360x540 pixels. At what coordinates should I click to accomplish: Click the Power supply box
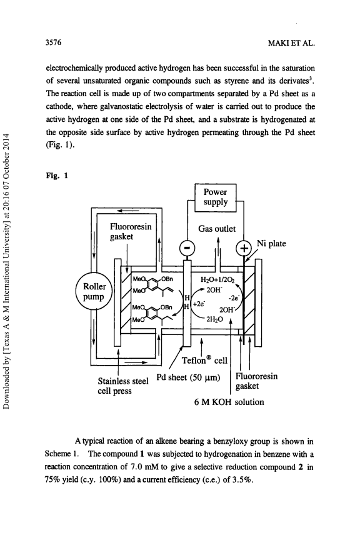[x=216, y=197]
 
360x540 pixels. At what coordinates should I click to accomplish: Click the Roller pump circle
[x=94, y=292]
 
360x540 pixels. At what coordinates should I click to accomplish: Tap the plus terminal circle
[x=244, y=247]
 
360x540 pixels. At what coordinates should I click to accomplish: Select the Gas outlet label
[x=217, y=229]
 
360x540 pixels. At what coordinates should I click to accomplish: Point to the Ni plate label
[x=271, y=244]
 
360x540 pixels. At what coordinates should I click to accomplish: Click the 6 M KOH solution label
[x=229, y=402]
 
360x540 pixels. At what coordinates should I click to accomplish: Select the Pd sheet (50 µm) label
[x=188, y=377]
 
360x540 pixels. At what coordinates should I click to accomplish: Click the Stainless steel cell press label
[x=123, y=386]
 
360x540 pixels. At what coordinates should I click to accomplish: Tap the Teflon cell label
[x=204, y=360]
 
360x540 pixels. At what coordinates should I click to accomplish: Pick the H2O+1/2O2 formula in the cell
[x=217, y=279]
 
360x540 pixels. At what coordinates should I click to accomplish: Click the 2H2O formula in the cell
[x=214, y=319]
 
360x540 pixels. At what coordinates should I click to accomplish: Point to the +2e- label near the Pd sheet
[x=199, y=304]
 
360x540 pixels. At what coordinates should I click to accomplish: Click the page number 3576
[x=53, y=42]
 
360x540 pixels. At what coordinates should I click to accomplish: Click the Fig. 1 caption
[x=57, y=176]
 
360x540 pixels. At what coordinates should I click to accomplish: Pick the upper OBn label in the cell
[x=167, y=279]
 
